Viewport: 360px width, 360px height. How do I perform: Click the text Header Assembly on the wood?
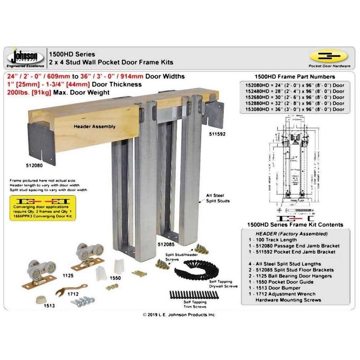94,126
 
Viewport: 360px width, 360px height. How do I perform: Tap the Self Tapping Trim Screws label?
195,304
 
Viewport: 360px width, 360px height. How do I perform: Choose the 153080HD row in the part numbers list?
295,109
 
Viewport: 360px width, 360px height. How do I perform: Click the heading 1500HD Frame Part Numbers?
295,76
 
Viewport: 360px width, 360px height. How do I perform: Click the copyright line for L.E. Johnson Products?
179,314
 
